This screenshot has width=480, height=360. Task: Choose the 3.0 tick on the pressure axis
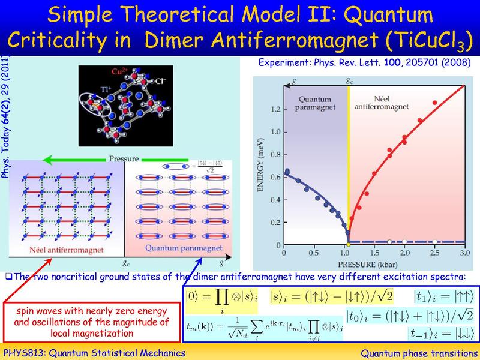[463, 254]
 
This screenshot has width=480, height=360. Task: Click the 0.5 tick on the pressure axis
[313, 254]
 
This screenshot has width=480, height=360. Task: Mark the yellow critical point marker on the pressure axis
[349, 245]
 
